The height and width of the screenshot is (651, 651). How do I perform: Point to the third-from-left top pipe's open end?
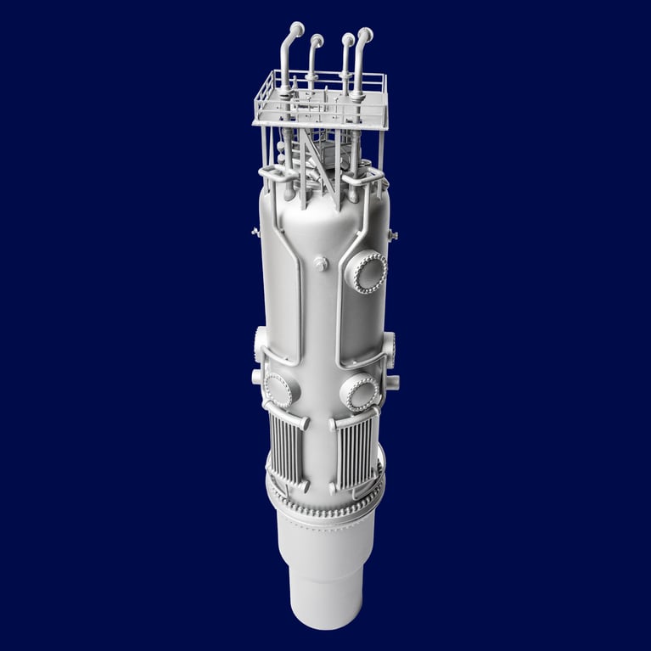tap(346, 39)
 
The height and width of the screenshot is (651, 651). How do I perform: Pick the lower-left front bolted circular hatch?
tap(278, 390)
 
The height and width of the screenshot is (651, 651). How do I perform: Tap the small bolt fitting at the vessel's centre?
tap(321, 265)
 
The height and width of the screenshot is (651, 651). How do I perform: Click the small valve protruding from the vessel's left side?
tap(256, 231)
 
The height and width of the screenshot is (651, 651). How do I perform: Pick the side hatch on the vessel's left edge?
tap(260, 344)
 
